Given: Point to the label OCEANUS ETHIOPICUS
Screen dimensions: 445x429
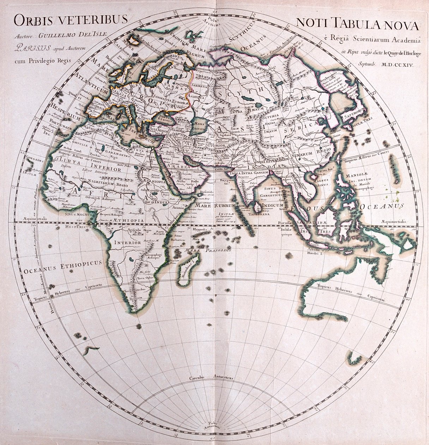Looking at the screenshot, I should pos(62,268).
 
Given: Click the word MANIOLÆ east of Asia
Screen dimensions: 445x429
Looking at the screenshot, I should pos(358,174).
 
